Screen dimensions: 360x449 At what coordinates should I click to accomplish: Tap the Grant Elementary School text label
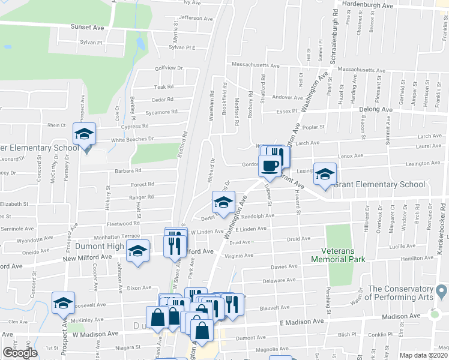tap(379, 184)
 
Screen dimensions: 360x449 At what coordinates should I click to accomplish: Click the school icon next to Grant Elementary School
tap(325, 174)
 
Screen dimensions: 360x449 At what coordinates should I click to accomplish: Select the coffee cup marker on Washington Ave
tap(270, 166)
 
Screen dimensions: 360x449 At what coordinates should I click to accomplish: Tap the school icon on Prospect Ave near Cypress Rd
tap(84, 133)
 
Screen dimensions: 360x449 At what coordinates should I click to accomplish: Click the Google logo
tap(20, 353)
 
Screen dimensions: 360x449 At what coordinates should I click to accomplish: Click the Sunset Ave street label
tap(88, 28)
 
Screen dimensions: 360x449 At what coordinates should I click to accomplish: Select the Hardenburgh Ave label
tap(367, 5)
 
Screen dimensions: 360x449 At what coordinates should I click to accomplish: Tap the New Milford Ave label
tap(88, 257)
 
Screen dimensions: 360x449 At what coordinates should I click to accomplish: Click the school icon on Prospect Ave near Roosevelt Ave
tap(63, 303)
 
